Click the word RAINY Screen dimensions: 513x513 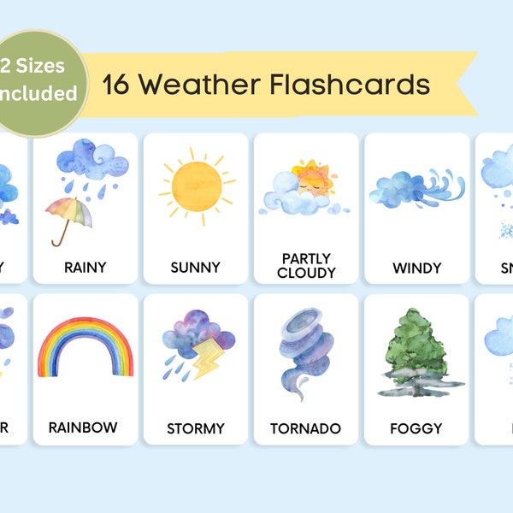click(85, 268)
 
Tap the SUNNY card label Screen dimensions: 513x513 click(196, 268)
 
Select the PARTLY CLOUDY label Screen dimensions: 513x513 click(306, 265)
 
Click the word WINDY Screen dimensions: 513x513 click(416, 268)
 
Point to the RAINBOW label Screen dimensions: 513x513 click(83, 427)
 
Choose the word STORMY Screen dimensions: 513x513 click(196, 427)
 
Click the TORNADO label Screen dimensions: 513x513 click(306, 427)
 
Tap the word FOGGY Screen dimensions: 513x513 click(416, 427)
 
